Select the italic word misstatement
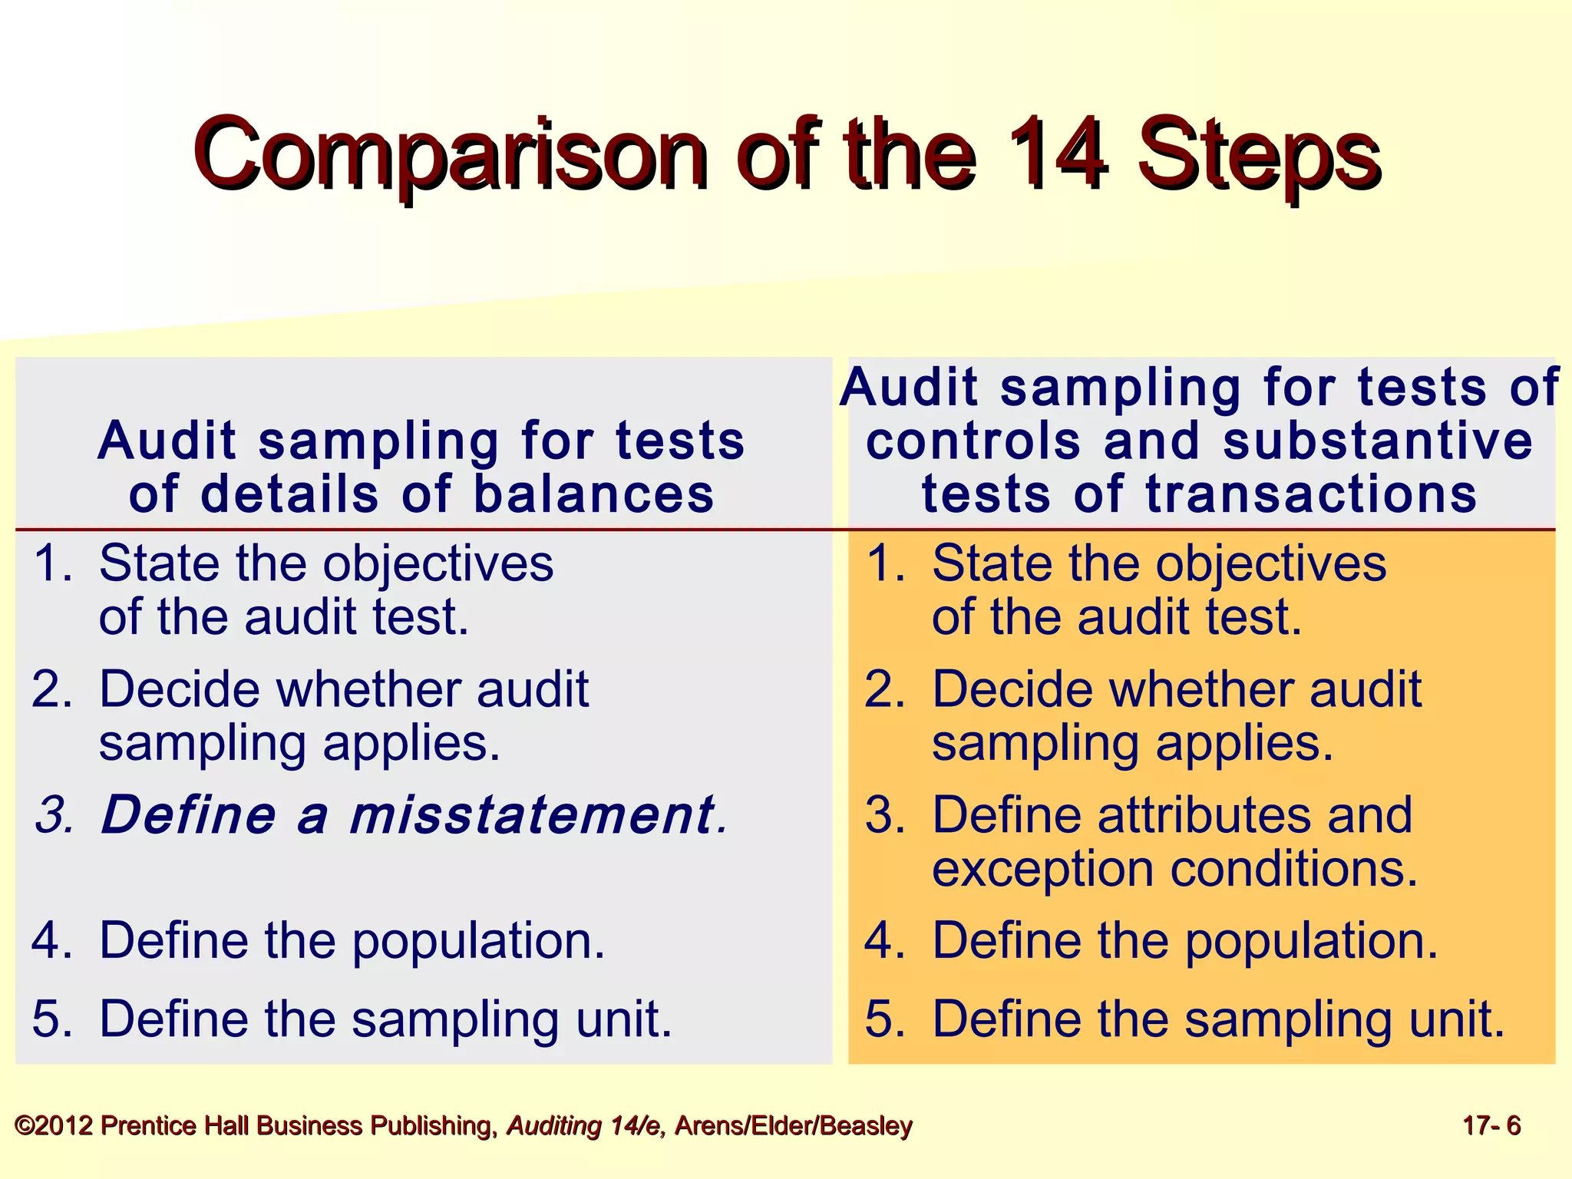coord(532,814)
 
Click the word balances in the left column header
coord(594,493)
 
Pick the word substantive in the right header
coord(1378,441)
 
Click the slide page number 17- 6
coord(1491,1126)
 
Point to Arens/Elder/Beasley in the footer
coord(793,1126)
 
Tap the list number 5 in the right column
coord(884,1019)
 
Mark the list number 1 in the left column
coord(51,563)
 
